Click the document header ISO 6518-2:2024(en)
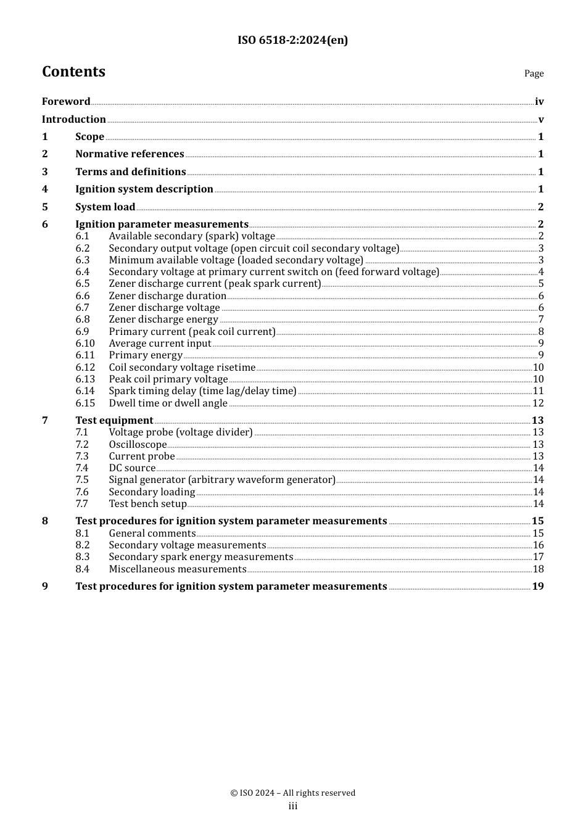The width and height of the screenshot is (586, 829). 292,40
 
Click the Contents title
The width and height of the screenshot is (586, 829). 73,72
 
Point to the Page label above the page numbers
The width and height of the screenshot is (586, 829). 534,73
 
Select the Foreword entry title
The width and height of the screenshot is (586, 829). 66,102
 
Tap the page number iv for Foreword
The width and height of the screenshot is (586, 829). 539,102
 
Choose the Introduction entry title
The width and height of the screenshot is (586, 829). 73,120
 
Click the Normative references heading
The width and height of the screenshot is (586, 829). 130,154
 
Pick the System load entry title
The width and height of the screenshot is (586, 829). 105,207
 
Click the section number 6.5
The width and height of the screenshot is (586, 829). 83,284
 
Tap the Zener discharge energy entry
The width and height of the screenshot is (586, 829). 163,320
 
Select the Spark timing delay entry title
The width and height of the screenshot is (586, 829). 202,391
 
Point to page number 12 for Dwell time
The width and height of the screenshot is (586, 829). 538,403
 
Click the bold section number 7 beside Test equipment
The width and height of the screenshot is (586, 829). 45,421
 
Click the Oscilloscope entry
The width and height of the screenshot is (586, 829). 138,445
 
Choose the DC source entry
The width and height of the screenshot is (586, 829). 132,468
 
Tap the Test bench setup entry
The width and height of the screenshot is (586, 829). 147,504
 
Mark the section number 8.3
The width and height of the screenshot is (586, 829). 83,557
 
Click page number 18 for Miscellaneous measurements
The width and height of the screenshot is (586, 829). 538,569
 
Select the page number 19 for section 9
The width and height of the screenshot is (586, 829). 538,587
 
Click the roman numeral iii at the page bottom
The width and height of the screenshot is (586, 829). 292,806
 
